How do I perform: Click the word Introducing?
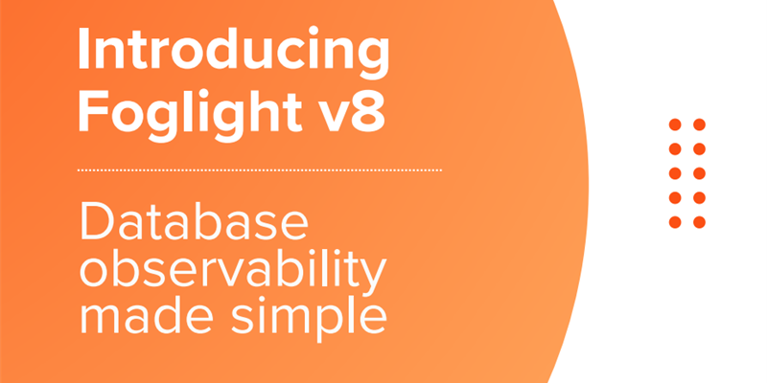(233, 54)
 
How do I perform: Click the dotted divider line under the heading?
(259, 169)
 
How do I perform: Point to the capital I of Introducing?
(84, 52)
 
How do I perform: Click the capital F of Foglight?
(91, 112)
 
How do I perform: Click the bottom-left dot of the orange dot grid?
(674, 222)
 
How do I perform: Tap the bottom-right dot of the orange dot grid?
(699, 222)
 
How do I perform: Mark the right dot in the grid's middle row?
(699, 173)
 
